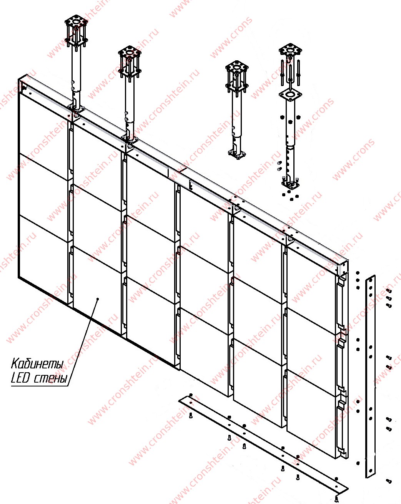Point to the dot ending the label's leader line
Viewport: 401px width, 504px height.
click(98, 298)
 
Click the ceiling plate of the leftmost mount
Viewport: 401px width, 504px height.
click(76, 22)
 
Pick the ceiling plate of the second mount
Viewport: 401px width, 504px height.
click(130, 52)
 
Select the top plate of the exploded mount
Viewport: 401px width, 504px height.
click(290, 50)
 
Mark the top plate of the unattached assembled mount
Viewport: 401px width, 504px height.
click(237, 67)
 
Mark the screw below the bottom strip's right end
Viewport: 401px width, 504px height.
click(337, 499)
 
